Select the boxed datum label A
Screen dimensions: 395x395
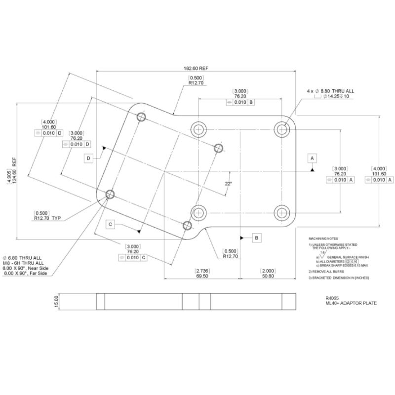(312, 158)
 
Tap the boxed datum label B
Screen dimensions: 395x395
(257, 237)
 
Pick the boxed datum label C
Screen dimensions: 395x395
(112, 224)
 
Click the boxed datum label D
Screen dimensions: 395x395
(88, 158)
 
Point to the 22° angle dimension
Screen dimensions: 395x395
(228, 183)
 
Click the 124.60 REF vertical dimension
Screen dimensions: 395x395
(15, 171)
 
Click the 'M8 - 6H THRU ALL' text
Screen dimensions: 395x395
(23, 263)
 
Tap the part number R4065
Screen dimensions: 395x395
(332, 298)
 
